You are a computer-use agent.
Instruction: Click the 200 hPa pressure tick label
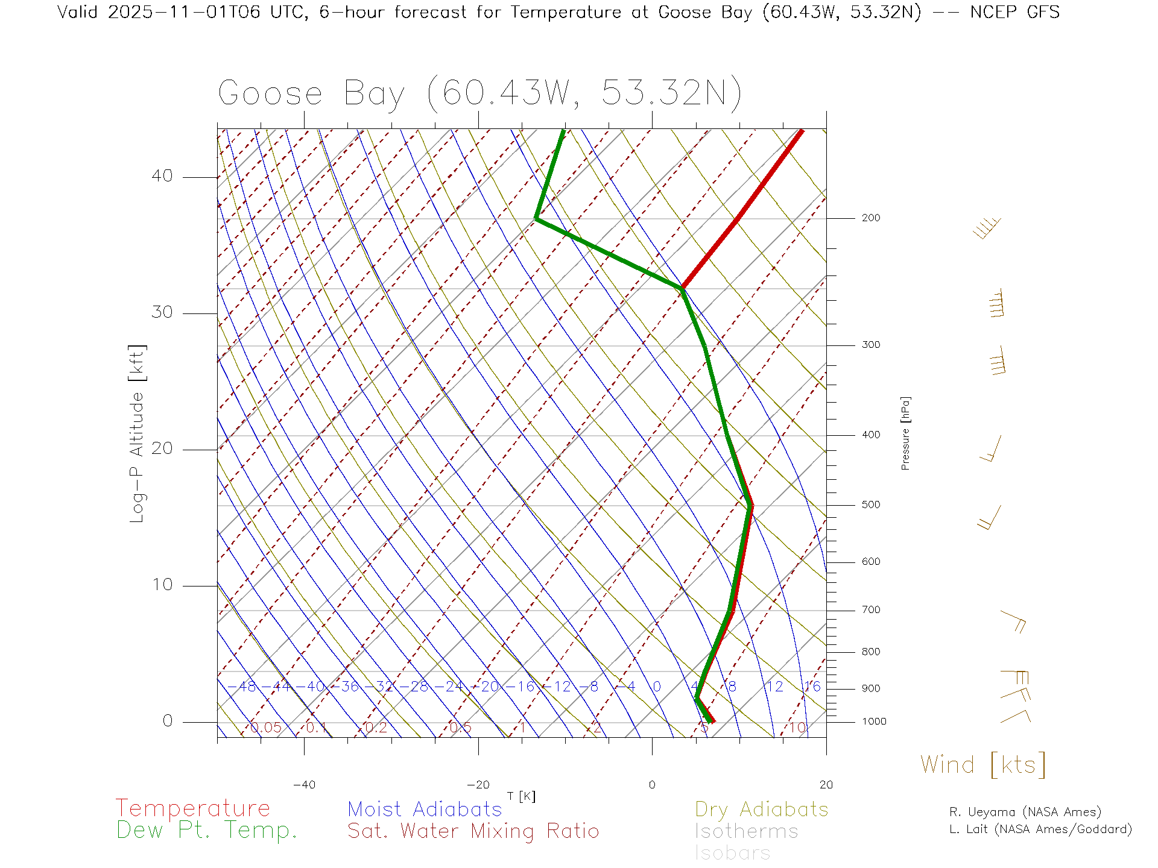870,218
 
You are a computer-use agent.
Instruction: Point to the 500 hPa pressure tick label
870,505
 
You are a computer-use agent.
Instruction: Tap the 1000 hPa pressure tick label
874,722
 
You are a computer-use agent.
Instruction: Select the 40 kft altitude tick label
162,176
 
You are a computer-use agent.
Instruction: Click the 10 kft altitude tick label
162,585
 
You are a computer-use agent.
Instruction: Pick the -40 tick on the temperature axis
304,785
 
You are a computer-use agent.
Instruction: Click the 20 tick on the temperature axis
826,785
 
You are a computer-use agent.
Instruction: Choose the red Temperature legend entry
193,808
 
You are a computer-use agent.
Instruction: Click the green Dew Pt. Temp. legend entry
207,831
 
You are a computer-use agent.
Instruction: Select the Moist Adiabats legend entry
425,809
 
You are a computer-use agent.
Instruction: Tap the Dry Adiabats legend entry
762,809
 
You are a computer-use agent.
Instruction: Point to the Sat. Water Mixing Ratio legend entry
473,831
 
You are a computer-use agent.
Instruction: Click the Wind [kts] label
983,764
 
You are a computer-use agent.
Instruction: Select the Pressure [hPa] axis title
905,433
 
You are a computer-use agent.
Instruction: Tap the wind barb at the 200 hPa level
988,228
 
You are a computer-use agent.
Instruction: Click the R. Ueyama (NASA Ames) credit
1025,812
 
